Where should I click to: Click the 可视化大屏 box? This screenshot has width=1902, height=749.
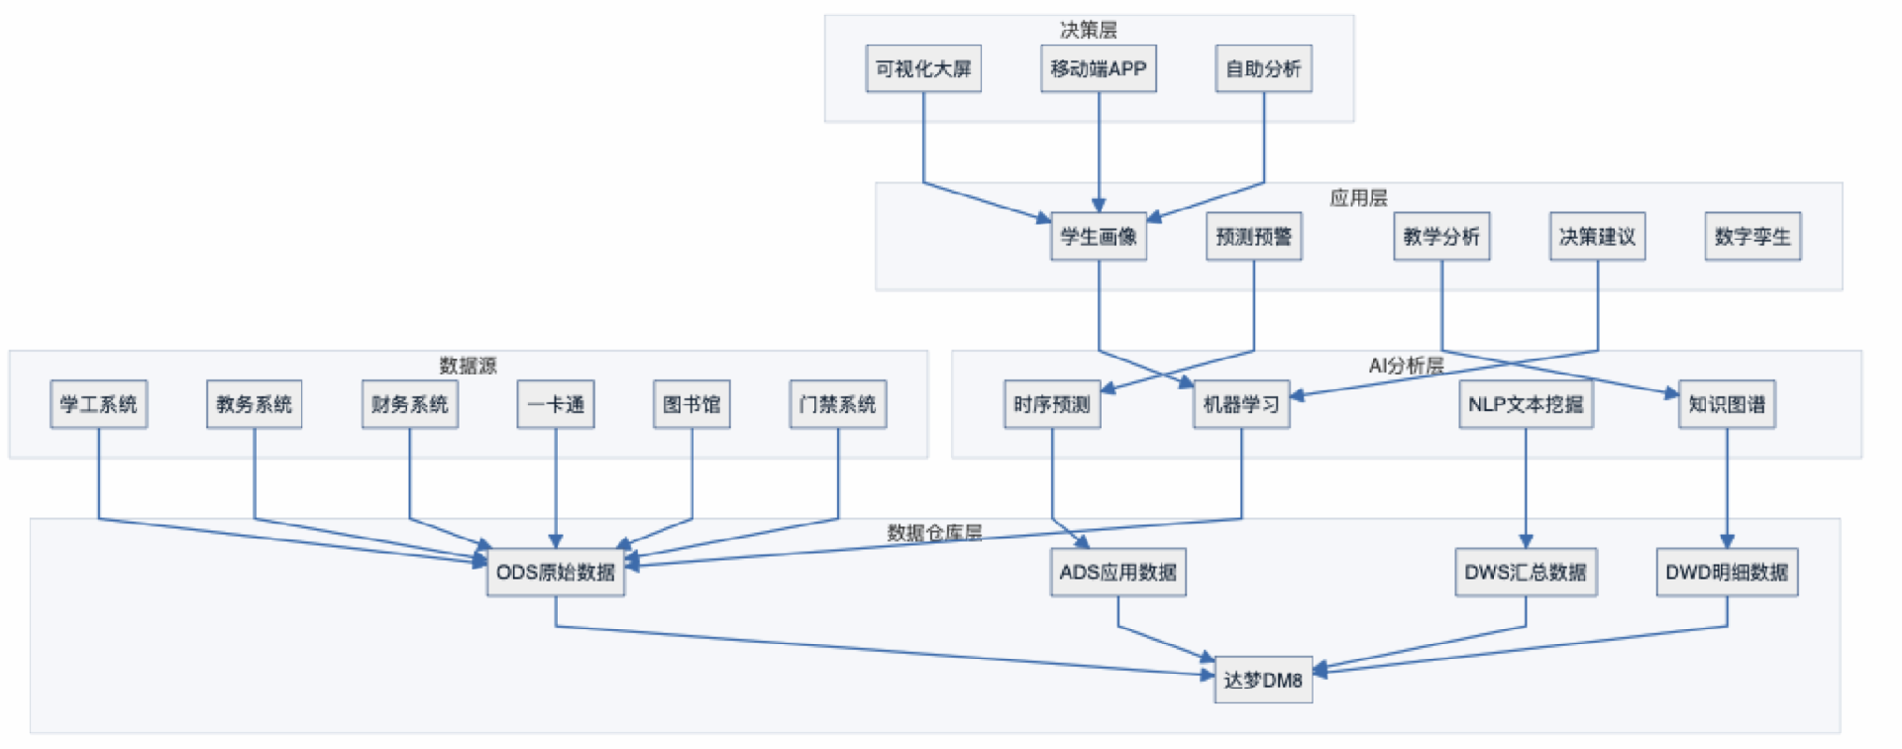click(923, 68)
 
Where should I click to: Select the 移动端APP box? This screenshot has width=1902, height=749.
click(1098, 68)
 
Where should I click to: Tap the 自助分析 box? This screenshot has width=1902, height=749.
click(1263, 68)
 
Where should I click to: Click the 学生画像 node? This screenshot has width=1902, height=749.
click(1098, 237)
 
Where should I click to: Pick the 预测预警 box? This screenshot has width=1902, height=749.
click(1253, 237)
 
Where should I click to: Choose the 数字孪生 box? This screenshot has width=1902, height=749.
click(1751, 237)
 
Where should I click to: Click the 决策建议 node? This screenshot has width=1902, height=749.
click(1596, 237)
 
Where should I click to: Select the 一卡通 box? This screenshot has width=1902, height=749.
click(555, 404)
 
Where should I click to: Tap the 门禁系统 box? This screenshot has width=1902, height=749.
click(837, 404)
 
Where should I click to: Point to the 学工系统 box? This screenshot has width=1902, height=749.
click(98, 404)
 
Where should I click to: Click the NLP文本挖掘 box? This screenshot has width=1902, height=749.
click(1525, 404)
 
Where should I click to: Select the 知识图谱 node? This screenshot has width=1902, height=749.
click(1726, 404)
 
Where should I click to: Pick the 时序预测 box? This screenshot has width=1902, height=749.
click(1051, 404)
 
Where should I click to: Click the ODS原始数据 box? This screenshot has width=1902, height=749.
click(555, 573)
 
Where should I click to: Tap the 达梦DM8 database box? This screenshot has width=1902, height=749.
click(1262, 680)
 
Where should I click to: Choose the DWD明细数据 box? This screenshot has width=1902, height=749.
click(1726, 573)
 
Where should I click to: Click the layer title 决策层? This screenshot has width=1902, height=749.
click(1088, 30)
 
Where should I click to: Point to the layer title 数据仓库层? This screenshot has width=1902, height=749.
click(934, 533)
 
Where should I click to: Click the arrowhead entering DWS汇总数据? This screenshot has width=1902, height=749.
click(1526, 541)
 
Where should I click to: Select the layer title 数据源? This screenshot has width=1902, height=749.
click(468, 366)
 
